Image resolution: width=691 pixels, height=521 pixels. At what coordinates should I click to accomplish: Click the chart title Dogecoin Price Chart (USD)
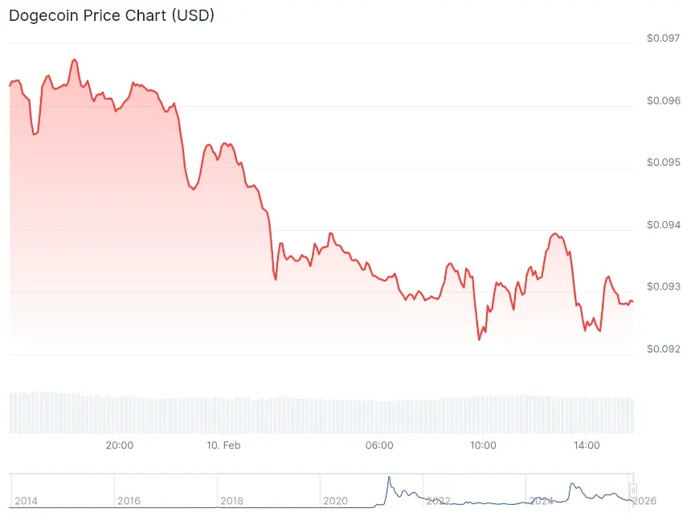[x=111, y=16]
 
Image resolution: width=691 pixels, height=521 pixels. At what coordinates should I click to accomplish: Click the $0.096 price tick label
[x=664, y=101]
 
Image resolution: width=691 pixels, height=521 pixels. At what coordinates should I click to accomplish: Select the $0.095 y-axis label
[x=664, y=162]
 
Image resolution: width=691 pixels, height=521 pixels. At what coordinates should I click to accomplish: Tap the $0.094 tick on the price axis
[x=664, y=224]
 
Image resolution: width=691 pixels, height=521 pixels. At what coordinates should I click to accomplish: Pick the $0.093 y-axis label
[x=664, y=287]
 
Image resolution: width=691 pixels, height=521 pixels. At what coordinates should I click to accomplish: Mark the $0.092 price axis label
[x=664, y=349]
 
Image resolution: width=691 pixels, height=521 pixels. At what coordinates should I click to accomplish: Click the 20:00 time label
[x=120, y=445]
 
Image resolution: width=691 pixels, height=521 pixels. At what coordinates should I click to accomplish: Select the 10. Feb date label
[x=223, y=445]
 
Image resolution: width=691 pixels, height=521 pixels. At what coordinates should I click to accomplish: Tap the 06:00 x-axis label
[x=379, y=445]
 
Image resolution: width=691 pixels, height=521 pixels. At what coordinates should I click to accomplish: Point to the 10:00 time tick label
[x=483, y=445]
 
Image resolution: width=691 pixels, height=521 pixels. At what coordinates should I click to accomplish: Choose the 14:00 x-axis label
[x=587, y=445]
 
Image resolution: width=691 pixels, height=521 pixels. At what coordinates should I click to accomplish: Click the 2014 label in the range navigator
[x=26, y=501]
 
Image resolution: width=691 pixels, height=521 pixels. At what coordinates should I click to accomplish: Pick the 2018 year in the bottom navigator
[x=231, y=501]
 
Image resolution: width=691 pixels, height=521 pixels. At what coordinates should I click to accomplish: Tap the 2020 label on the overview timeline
[x=335, y=501]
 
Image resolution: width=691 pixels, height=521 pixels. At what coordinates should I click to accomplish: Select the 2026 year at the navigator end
[x=644, y=501]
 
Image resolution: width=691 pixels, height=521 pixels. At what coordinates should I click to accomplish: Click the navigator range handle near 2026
[x=633, y=490]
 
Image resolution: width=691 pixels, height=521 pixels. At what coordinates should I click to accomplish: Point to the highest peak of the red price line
[x=74, y=59]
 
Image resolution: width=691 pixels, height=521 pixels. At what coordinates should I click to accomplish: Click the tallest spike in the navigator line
[x=389, y=478]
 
